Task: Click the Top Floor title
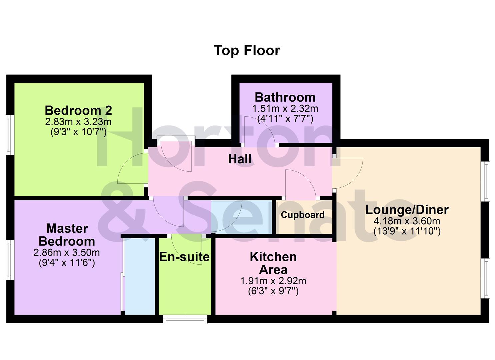coord(247,51)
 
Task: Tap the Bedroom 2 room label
coord(78,110)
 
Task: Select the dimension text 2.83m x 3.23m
coord(78,122)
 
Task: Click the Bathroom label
coord(285,97)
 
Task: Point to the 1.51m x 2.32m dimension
coord(285,109)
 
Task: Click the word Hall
coord(240,159)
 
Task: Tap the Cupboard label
coord(302,215)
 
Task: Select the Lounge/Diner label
coord(407,210)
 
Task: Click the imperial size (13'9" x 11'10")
coord(407,231)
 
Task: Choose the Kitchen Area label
coord(273,263)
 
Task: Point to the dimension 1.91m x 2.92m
coord(273,281)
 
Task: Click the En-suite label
coord(184,257)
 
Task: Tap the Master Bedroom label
coord(67,235)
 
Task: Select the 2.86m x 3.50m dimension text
coord(67,252)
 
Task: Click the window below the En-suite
coord(185,319)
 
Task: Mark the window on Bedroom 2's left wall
coord(10,135)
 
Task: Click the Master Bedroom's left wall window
coord(10,260)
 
